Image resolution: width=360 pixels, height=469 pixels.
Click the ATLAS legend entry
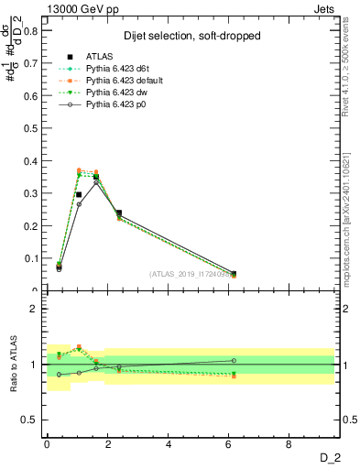(x=100, y=58)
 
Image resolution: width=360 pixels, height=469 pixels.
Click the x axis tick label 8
(x=290, y=445)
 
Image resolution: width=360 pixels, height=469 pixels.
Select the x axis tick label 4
(x=169, y=445)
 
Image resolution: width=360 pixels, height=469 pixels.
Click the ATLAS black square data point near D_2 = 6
(x=233, y=274)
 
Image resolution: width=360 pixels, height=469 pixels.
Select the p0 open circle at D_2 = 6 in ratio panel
(x=233, y=361)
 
